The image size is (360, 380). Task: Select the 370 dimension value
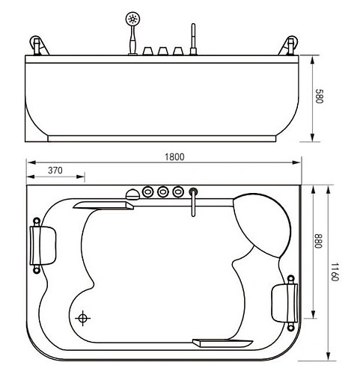click(55, 171)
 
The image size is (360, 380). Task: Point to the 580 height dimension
click(320, 97)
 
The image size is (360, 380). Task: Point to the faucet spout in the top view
click(193, 201)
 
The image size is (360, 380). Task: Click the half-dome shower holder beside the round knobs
click(133, 193)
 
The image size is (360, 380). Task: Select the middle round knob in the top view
click(162, 191)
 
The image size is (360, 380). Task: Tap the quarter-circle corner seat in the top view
click(262, 221)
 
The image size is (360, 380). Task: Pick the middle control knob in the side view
click(163, 51)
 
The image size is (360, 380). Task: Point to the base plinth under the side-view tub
click(164, 138)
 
